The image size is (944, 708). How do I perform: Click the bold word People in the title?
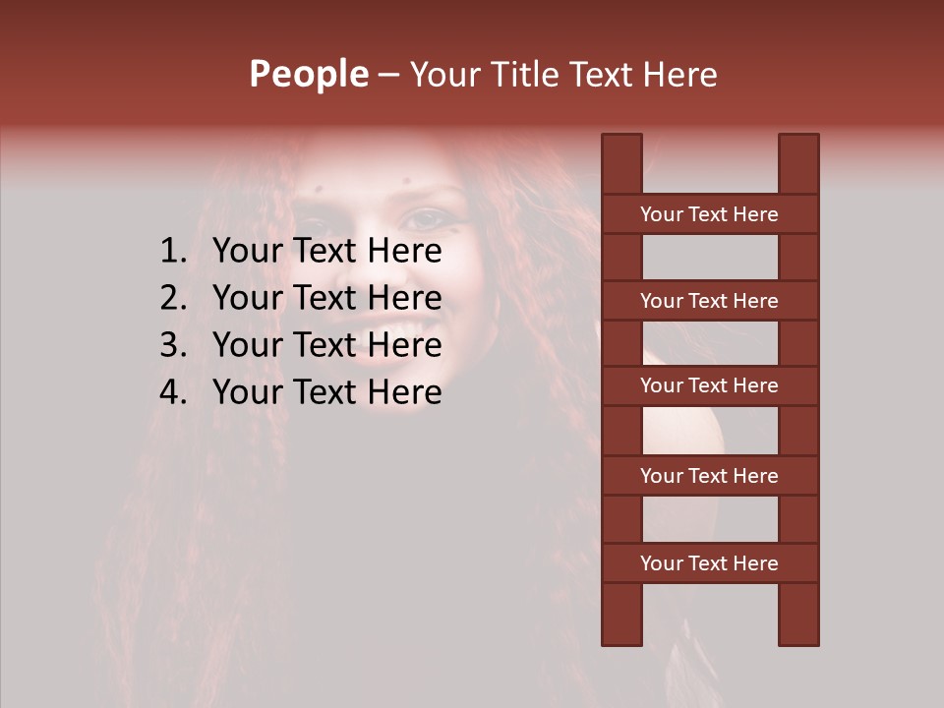pyautogui.click(x=309, y=74)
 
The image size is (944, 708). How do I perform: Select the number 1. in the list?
pyautogui.click(x=172, y=252)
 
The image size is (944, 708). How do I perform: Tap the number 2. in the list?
pyautogui.click(x=172, y=298)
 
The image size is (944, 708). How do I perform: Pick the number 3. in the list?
pyautogui.click(x=172, y=345)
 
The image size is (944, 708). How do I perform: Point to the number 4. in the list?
pyautogui.click(x=172, y=392)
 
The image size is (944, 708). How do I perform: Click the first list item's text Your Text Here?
pyautogui.click(x=326, y=252)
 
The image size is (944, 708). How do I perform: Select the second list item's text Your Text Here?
pyautogui.click(x=326, y=298)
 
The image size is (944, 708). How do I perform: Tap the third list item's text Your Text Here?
pyautogui.click(x=326, y=345)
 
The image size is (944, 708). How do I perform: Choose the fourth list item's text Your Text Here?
pyautogui.click(x=326, y=392)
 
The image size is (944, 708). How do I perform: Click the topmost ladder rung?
pyautogui.click(x=709, y=214)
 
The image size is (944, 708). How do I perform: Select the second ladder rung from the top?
pyautogui.click(x=709, y=301)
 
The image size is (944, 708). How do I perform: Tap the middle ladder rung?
pyautogui.click(x=709, y=385)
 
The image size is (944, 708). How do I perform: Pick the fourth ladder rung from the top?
pyautogui.click(x=709, y=476)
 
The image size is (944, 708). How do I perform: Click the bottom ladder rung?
pyautogui.click(x=709, y=563)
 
